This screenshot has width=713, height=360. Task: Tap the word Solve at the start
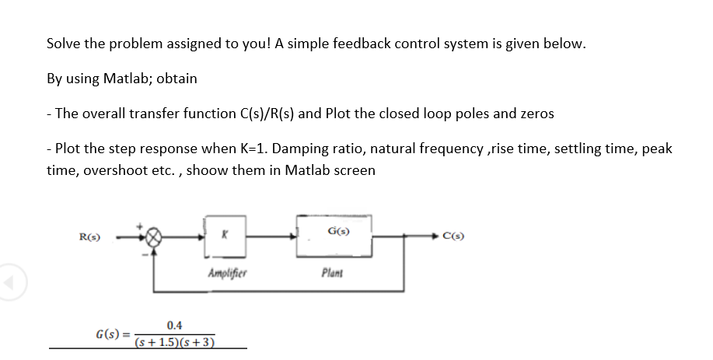pyautogui.click(x=64, y=44)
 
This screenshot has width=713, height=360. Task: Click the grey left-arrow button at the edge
pyautogui.click(x=10, y=277)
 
